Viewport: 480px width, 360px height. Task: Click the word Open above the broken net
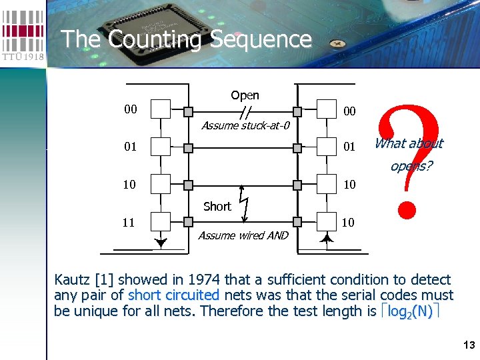coord(245,95)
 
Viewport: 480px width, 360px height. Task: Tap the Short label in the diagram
coord(217,207)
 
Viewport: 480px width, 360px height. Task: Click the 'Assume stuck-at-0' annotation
coord(245,125)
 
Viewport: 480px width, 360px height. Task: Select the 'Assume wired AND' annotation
coord(243,235)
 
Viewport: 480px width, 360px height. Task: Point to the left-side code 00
coord(131,109)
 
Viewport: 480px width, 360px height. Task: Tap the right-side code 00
coord(349,111)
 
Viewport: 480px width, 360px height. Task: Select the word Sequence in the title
coord(261,39)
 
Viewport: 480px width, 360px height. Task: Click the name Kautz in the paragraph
coord(75,280)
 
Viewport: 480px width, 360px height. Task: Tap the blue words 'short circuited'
coord(173,295)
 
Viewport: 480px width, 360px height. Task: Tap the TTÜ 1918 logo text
coord(23,56)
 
